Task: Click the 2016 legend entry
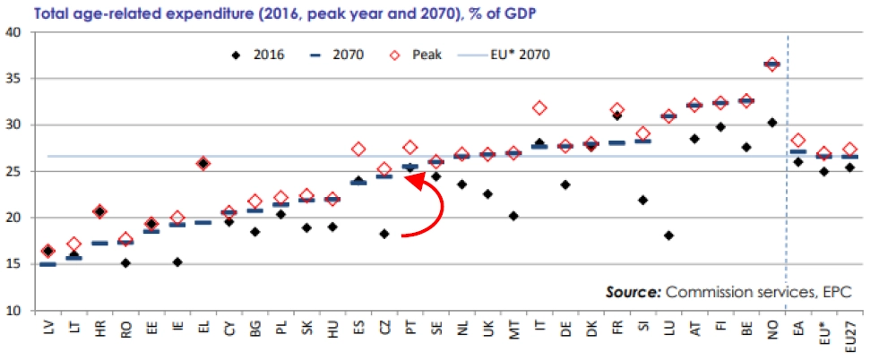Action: coord(259,55)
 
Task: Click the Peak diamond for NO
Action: coord(771,64)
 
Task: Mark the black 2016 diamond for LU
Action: coord(668,236)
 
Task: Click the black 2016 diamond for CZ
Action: coord(383,234)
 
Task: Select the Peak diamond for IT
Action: coord(538,108)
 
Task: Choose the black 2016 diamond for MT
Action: coord(513,216)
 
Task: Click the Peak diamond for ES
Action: coord(358,149)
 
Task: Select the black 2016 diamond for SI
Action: coord(642,200)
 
